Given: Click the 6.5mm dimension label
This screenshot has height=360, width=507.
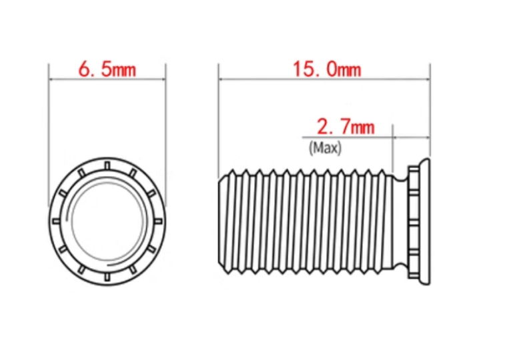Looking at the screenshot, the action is click(107, 69).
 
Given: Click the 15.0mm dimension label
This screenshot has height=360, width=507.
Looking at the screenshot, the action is click(327, 69).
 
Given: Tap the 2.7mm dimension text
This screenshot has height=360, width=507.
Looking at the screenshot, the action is click(346, 127).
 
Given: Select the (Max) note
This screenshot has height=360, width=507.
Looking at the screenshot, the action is click(325, 148).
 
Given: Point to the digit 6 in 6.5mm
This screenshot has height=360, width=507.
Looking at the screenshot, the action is click(85, 69).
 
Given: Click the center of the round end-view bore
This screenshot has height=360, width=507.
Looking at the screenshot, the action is click(107, 221).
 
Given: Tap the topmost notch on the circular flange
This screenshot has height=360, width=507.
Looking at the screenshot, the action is click(107, 165).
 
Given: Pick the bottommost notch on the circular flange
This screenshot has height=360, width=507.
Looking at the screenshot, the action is click(107, 277).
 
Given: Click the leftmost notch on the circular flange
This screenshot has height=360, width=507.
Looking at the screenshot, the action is click(56, 221).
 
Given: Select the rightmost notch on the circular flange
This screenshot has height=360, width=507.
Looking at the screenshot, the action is click(158, 221).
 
